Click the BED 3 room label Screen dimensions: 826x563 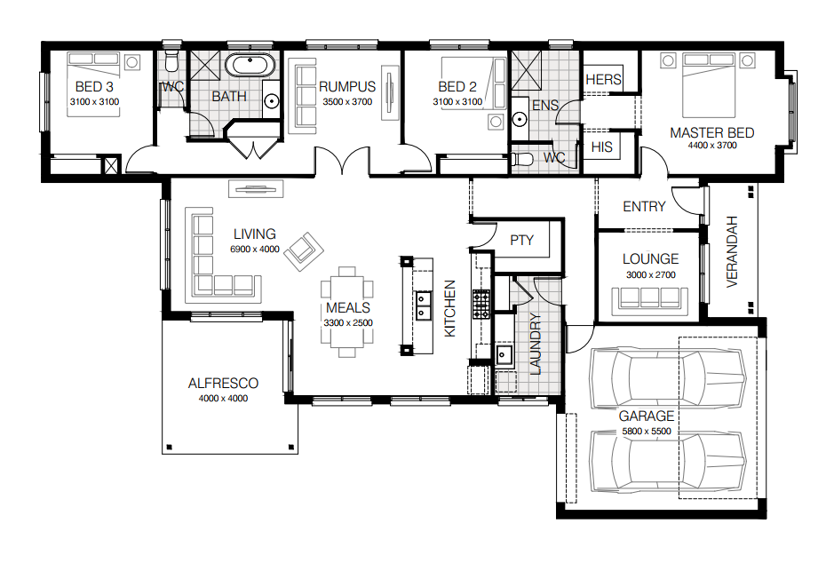94,86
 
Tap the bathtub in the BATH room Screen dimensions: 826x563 250,66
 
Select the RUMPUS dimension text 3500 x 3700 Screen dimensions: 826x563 347,101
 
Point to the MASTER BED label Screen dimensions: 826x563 711,132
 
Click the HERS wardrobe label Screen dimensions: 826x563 603,80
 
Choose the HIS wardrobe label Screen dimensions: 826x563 601,147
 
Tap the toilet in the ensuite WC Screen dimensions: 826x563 521,159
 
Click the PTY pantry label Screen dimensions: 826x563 521,240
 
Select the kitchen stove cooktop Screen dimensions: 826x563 481,304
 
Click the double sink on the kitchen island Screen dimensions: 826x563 423,305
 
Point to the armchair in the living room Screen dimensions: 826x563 304,250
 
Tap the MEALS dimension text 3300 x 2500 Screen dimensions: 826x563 348,323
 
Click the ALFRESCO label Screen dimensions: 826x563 223,384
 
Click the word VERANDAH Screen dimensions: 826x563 732,251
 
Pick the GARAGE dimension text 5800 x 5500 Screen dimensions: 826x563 647,432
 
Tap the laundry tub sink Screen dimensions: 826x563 504,355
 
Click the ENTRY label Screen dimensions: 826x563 644,206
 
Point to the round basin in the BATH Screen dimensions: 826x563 271,100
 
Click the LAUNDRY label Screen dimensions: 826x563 536,344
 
